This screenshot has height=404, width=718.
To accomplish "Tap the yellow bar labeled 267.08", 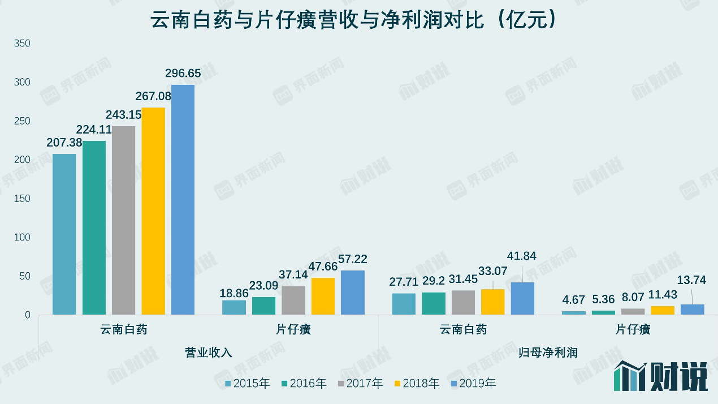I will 153,210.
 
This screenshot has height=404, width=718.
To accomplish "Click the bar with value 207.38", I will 64,234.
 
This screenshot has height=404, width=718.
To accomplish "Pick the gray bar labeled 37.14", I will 293,300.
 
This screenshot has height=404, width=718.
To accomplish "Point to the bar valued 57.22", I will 353,293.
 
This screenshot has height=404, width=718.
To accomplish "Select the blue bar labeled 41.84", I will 522,298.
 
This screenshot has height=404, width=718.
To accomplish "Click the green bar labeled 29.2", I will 434,303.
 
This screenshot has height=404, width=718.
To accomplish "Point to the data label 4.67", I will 574,300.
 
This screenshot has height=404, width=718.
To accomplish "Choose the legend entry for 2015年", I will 247,384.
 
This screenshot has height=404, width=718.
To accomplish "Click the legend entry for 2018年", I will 417,384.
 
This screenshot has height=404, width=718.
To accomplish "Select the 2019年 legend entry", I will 473,384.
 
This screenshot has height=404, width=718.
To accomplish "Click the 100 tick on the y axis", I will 21,237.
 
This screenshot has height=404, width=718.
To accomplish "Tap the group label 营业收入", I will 208,353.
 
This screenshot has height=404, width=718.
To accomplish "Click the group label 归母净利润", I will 548,353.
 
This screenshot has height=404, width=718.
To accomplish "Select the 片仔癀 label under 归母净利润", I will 633,329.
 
